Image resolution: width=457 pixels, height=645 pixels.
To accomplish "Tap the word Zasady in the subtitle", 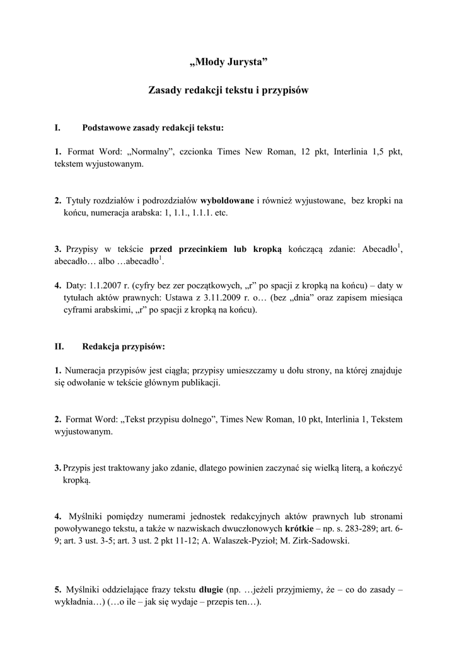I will (x=165, y=90).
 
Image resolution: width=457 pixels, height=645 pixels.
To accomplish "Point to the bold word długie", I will (x=211, y=590).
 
